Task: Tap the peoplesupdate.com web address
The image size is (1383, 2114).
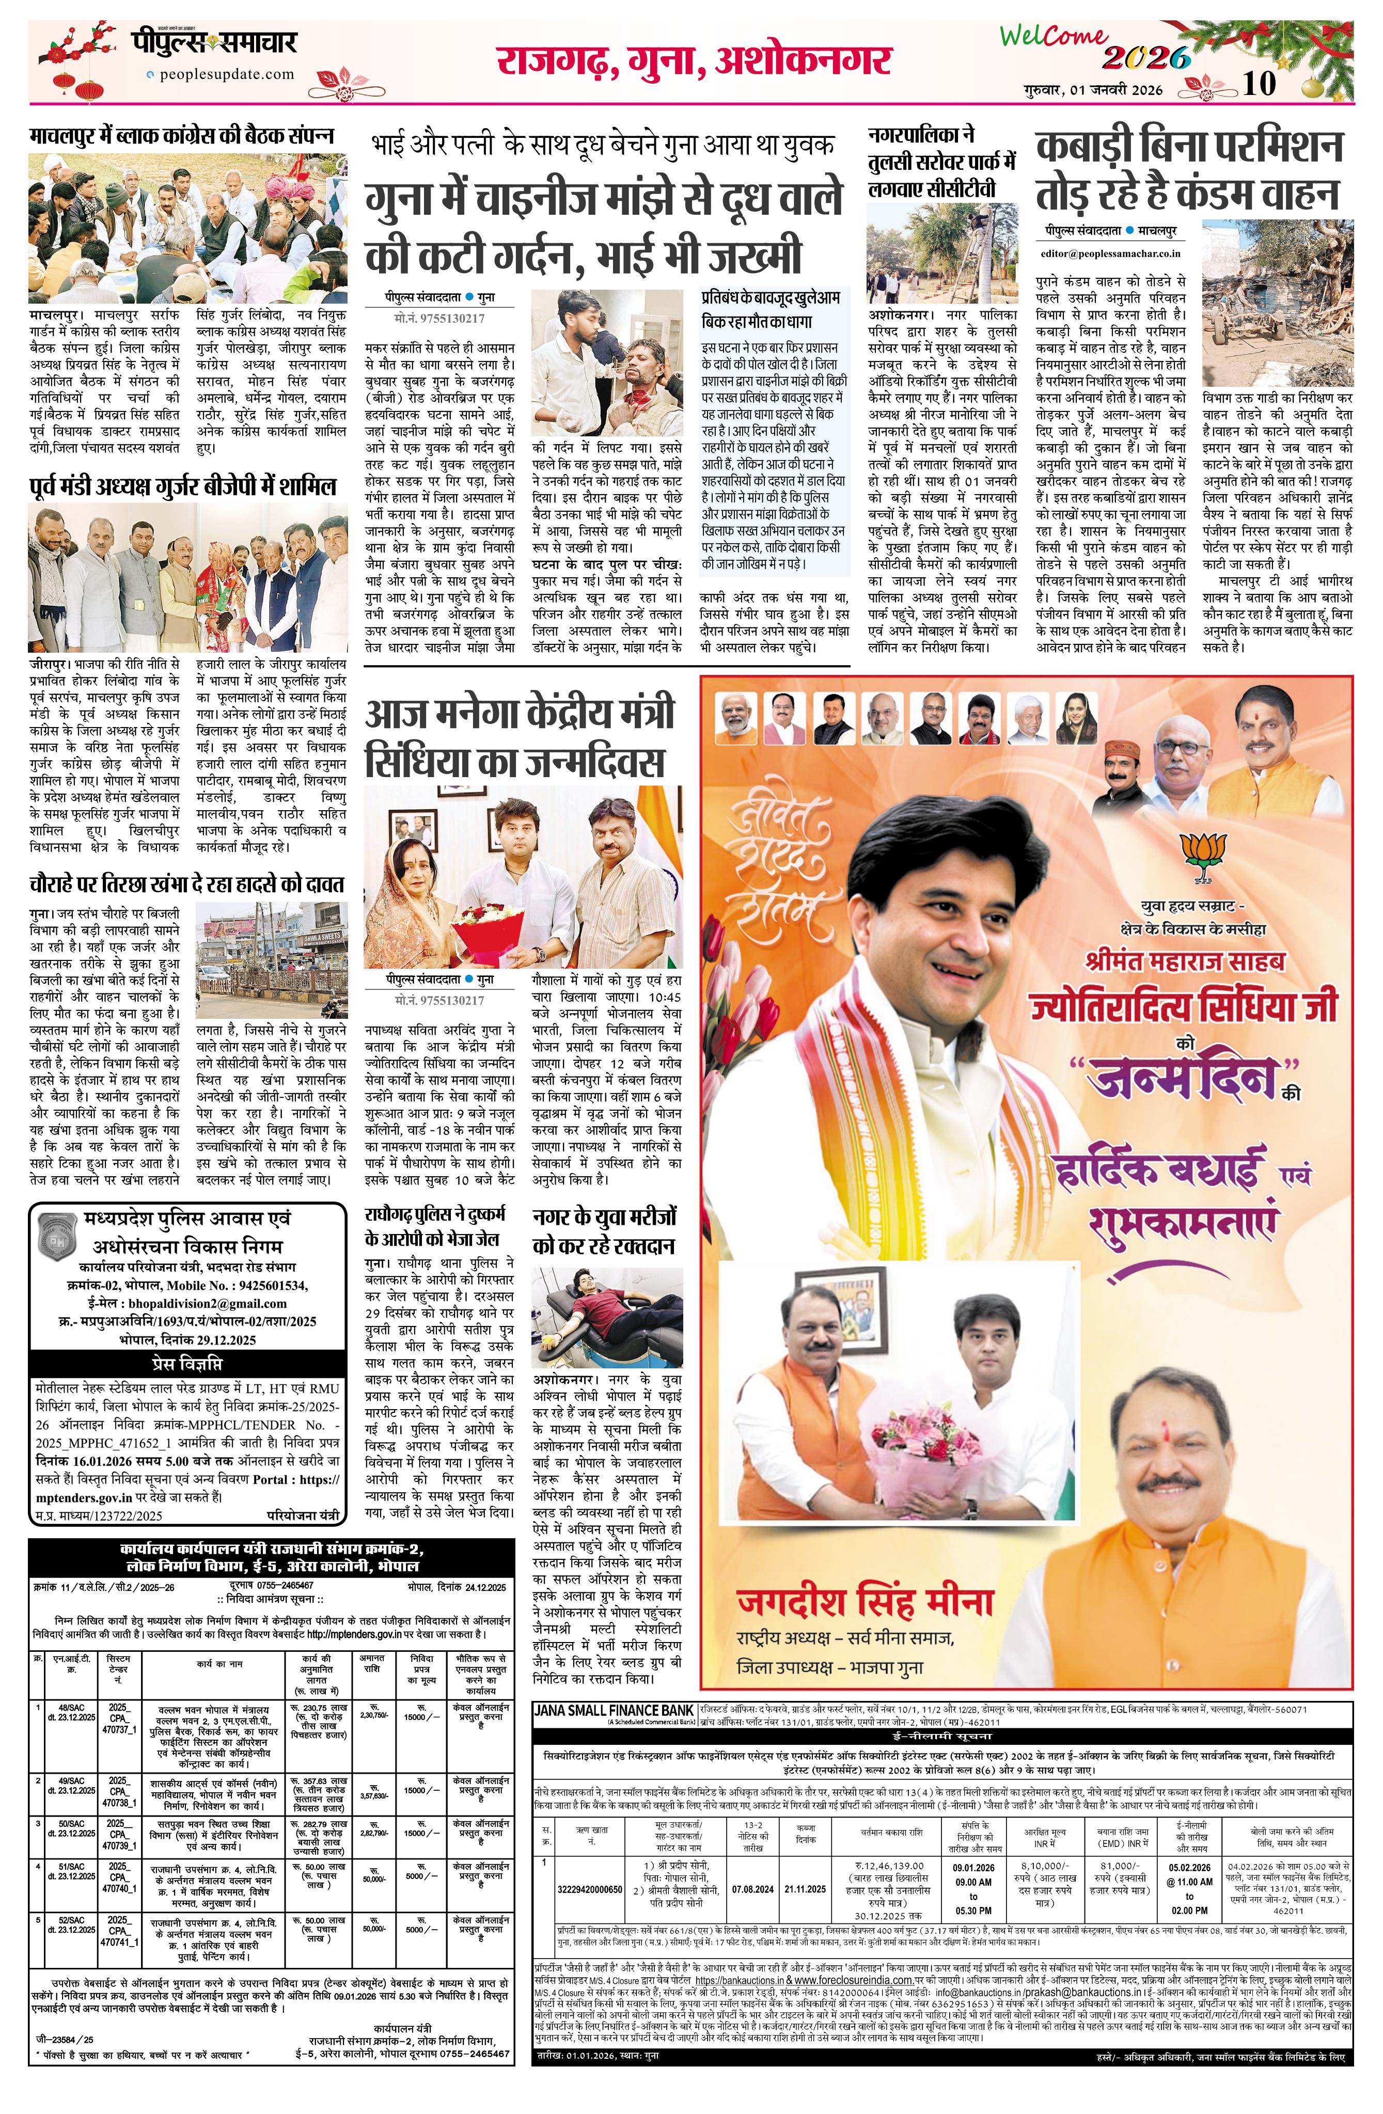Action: coord(224,75)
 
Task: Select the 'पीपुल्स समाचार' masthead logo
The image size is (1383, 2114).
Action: coord(215,43)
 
